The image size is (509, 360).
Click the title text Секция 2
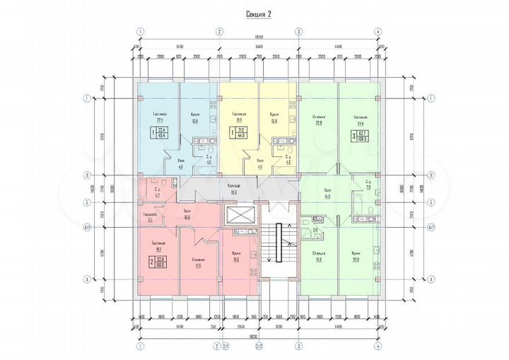coord(258,13)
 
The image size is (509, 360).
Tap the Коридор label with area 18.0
coord(233,187)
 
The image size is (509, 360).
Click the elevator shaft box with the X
coord(238,215)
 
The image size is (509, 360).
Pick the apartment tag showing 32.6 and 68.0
coord(158,262)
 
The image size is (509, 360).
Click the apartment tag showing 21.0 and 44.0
coord(240,133)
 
